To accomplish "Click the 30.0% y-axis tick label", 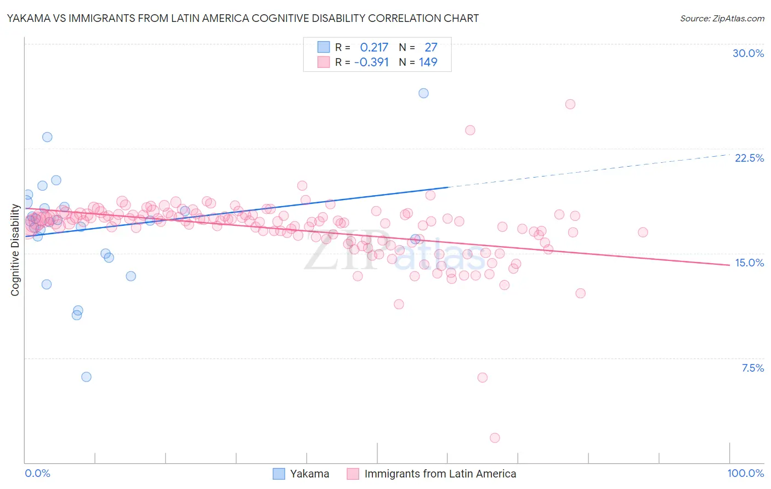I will click(x=748, y=53).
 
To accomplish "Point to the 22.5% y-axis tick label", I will click(x=749, y=158).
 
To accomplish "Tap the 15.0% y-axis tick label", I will click(x=749, y=263).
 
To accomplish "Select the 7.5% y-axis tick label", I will click(x=752, y=368).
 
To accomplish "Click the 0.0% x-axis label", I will click(x=37, y=473).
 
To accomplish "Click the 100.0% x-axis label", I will click(x=745, y=473).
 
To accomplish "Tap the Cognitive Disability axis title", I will click(x=15, y=250).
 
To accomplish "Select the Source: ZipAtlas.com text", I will click(x=722, y=18).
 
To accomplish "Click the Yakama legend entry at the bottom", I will click(x=309, y=474).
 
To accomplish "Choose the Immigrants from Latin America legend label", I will click(x=440, y=474).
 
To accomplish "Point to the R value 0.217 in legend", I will click(x=374, y=48).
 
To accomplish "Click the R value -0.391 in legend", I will click(x=371, y=62).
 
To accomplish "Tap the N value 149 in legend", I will click(x=428, y=62).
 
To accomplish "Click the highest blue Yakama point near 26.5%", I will click(x=423, y=93).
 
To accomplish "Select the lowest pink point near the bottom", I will click(x=495, y=437).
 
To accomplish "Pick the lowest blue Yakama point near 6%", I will click(x=86, y=377).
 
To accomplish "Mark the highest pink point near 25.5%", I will click(x=570, y=104).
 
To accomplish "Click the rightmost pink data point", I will click(x=643, y=232).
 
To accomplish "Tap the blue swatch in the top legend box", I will click(x=324, y=48).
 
